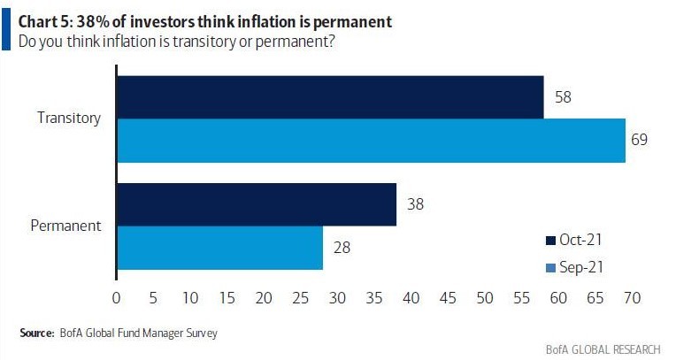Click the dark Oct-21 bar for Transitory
click(x=329, y=97)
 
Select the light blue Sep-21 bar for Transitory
click(x=371, y=141)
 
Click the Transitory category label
click(x=69, y=117)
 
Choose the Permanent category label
click(x=66, y=226)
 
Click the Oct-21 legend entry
click(x=575, y=240)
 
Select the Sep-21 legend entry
click(x=575, y=266)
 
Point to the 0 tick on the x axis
click(x=117, y=300)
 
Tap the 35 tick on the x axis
click(x=374, y=300)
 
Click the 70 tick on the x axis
click(x=631, y=300)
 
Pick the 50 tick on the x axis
click(x=484, y=300)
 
